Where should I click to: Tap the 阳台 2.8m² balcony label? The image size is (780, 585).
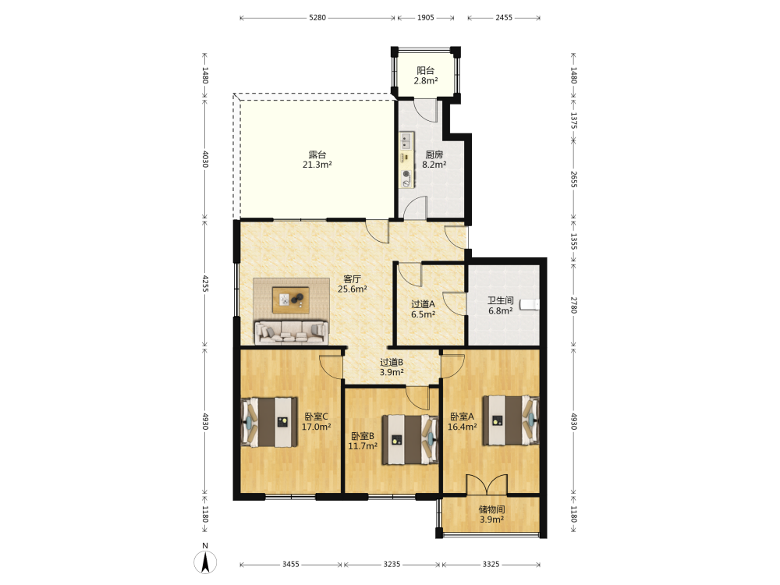click(x=426, y=76)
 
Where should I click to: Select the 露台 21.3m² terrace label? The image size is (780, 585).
click(x=317, y=160)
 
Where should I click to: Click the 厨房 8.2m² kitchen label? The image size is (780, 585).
click(x=434, y=160)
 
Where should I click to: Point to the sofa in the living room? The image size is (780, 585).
click(x=292, y=332)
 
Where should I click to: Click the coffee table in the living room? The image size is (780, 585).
click(x=290, y=300)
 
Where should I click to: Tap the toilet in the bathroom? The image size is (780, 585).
click(x=530, y=304)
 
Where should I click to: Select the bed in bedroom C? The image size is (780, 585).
click(x=269, y=422)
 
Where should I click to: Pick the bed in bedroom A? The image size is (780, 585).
click(x=511, y=420)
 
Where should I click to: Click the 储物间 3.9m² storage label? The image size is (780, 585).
click(x=491, y=514)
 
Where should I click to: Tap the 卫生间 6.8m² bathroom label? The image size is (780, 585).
click(x=501, y=306)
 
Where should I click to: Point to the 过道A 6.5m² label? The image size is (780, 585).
click(x=424, y=309)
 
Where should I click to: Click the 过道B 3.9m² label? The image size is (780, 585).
click(x=392, y=367)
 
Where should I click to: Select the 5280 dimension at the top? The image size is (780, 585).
click(x=317, y=18)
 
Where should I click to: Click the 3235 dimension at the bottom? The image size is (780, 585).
click(x=392, y=564)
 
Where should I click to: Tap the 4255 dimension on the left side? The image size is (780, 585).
click(x=205, y=284)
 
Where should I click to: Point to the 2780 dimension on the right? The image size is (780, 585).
click(x=573, y=305)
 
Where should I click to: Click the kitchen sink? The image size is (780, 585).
click(x=406, y=140)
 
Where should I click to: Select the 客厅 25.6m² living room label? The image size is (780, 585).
click(x=353, y=284)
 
